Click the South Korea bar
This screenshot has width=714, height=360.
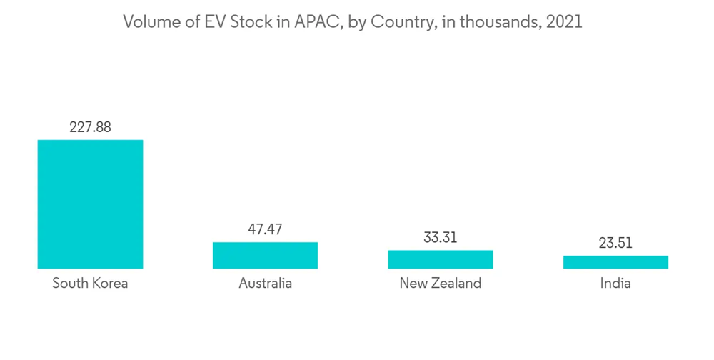pos(90,204)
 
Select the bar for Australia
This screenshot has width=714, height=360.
pos(265,255)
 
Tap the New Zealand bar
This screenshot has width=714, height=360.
pos(441,259)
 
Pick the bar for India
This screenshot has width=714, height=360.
pos(615,262)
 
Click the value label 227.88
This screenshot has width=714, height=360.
pos(90,127)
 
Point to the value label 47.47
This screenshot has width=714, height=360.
pos(265,229)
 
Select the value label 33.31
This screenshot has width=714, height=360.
pos(441,237)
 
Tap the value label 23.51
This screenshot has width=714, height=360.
pos(615,243)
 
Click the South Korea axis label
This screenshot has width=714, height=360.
pos(90,284)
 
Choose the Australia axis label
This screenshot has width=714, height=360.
pos(265,284)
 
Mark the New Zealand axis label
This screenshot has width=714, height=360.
pos(441,284)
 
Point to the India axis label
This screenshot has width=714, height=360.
pos(615,284)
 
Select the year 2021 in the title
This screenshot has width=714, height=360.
pos(564,22)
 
